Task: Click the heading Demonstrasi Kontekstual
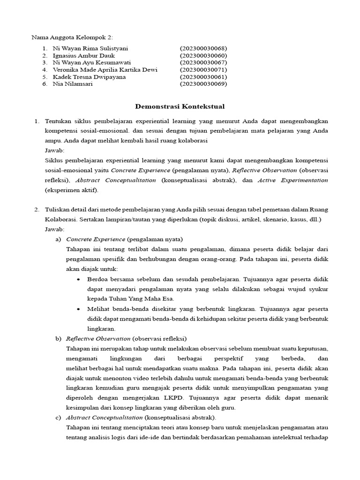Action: (180, 107)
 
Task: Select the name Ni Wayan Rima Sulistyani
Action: (90, 48)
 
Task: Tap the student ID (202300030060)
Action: (203, 55)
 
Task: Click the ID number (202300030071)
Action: (203, 70)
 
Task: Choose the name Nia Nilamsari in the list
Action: (73, 84)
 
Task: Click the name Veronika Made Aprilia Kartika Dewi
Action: (105, 70)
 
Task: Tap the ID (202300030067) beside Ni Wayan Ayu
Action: (203, 62)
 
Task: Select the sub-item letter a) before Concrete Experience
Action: (59, 239)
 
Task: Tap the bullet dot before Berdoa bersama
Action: (78, 279)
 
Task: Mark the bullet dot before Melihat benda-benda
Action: (78, 309)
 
